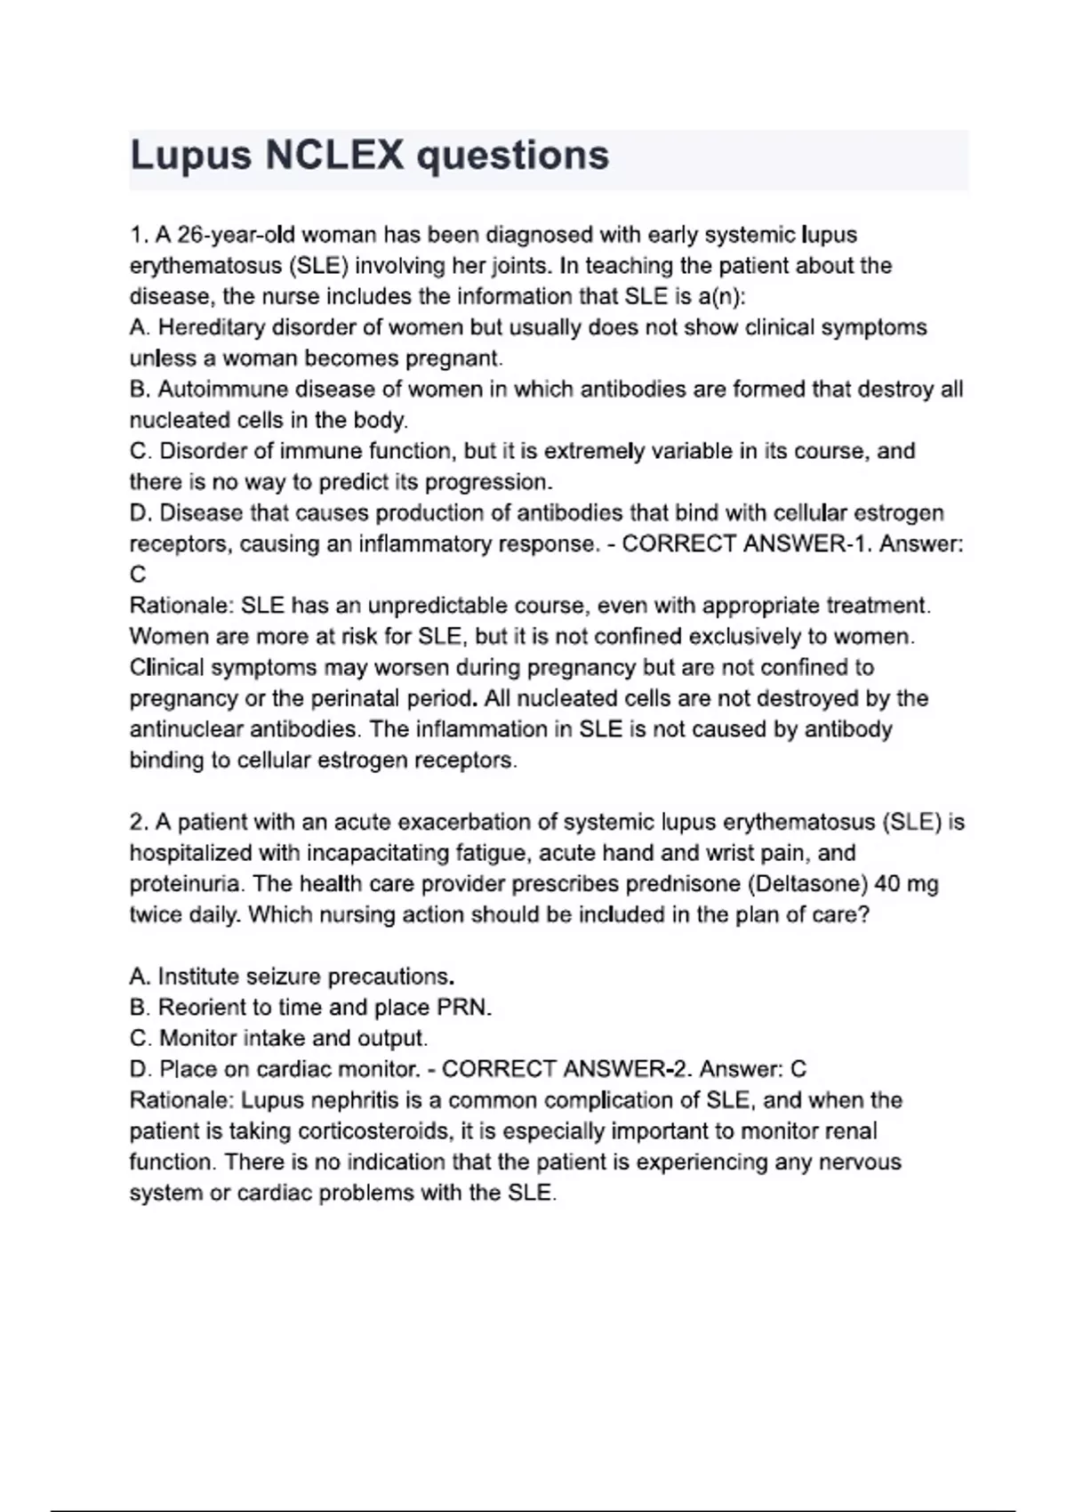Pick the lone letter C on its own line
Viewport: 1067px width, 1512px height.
(138, 575)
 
